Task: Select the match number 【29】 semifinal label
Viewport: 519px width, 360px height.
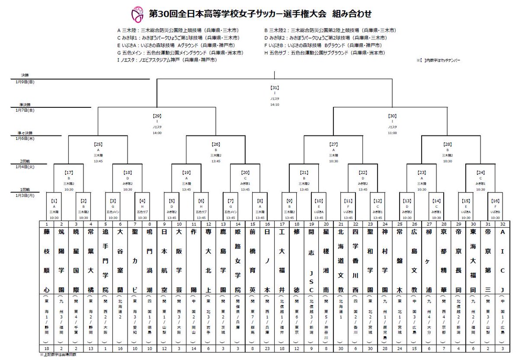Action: click(x=157, y=116)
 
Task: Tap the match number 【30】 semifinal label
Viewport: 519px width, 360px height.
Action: click(x=392, y=116)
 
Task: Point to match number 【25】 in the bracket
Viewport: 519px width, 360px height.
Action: click(x=98, y=144)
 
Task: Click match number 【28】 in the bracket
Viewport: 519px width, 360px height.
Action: click(x=451, y=144)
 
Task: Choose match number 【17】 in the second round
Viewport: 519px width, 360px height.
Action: click(x=68, y=172)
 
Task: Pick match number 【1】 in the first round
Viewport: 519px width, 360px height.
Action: click(x=54, y=201)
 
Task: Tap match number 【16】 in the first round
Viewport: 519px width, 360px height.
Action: click(x=496, y=201)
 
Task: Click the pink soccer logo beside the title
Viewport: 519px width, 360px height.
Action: click(x=137, y=15)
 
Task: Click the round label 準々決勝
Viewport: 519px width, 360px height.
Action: click(x=26, y=132)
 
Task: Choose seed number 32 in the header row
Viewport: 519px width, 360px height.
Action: click(x=503, y=224)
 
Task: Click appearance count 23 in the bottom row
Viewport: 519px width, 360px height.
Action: click(x=267, y=348)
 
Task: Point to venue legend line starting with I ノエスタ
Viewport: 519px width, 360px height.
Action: click(x=167, y=60)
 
